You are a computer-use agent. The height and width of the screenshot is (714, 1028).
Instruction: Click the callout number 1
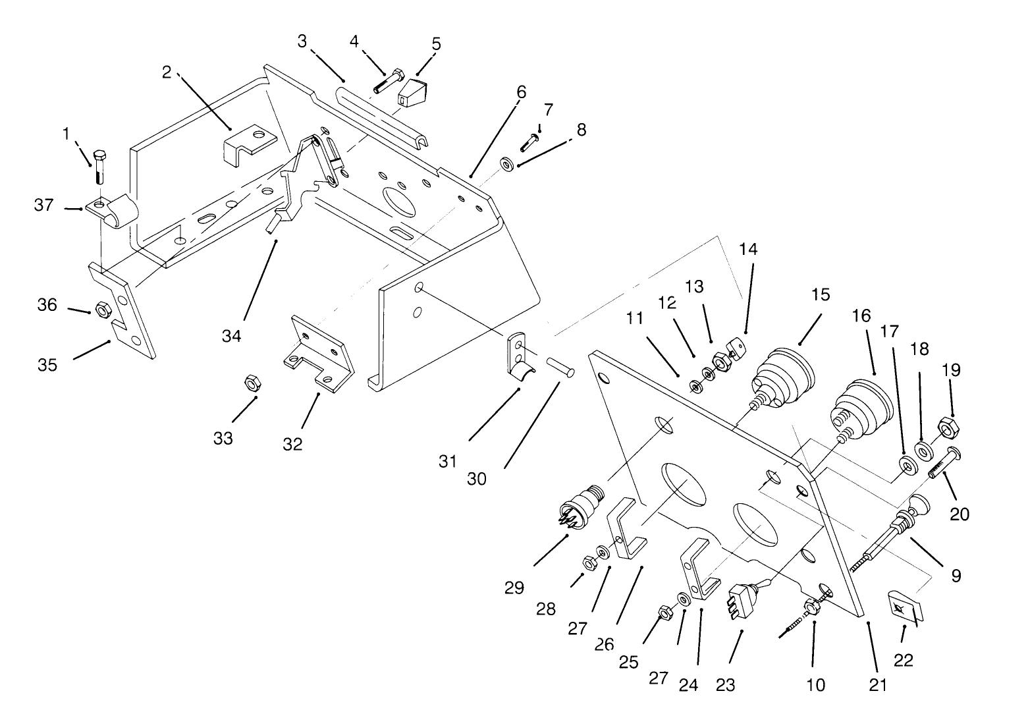click(x=66, y=134)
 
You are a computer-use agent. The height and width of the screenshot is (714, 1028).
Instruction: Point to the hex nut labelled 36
click(x=102, y=308)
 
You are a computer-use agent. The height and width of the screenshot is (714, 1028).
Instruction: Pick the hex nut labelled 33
click(x=251, y=382)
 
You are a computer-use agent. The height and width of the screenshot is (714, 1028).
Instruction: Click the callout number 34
click(x=231, y=336)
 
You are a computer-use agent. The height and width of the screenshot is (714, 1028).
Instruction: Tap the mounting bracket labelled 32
click(x=319, y=356)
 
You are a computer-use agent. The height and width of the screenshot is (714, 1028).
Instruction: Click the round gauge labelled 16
click(x=863, y=407)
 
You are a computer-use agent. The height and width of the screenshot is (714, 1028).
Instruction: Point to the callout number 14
click(x=748, y=250)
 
